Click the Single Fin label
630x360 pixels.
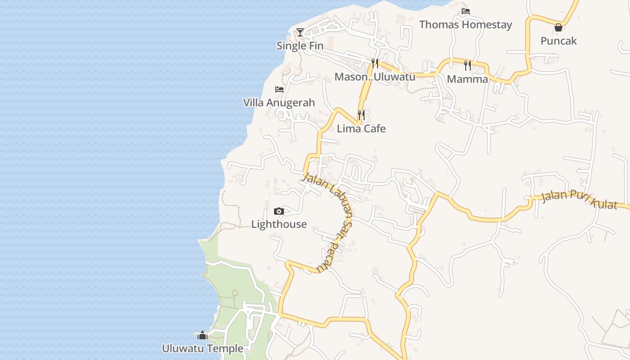pos(300,45)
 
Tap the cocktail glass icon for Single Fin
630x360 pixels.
pos(300,32)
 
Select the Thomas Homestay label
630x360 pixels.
pos(465,24)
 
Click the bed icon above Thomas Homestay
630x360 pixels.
pos(466,11)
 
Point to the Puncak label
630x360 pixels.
pos(558,41)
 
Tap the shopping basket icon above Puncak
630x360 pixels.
pos(558,27)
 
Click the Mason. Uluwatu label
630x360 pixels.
pos(374,77)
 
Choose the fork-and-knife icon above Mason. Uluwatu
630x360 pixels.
pos(374,63)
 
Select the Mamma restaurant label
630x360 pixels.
pos(467,79)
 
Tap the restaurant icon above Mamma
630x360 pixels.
pos(468,66)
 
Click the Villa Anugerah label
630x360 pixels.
pos(279,103)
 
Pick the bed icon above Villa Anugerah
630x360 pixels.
pos(279,90)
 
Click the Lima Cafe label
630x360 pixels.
pos(361,129)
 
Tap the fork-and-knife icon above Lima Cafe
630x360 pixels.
pos(361,115)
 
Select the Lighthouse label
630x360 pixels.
pos(279,224)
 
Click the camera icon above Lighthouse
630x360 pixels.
pos(279,211)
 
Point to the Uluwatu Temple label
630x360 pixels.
pos(202,349)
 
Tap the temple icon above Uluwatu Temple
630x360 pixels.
pos(202,335)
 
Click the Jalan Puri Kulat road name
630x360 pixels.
pos(579,199)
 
